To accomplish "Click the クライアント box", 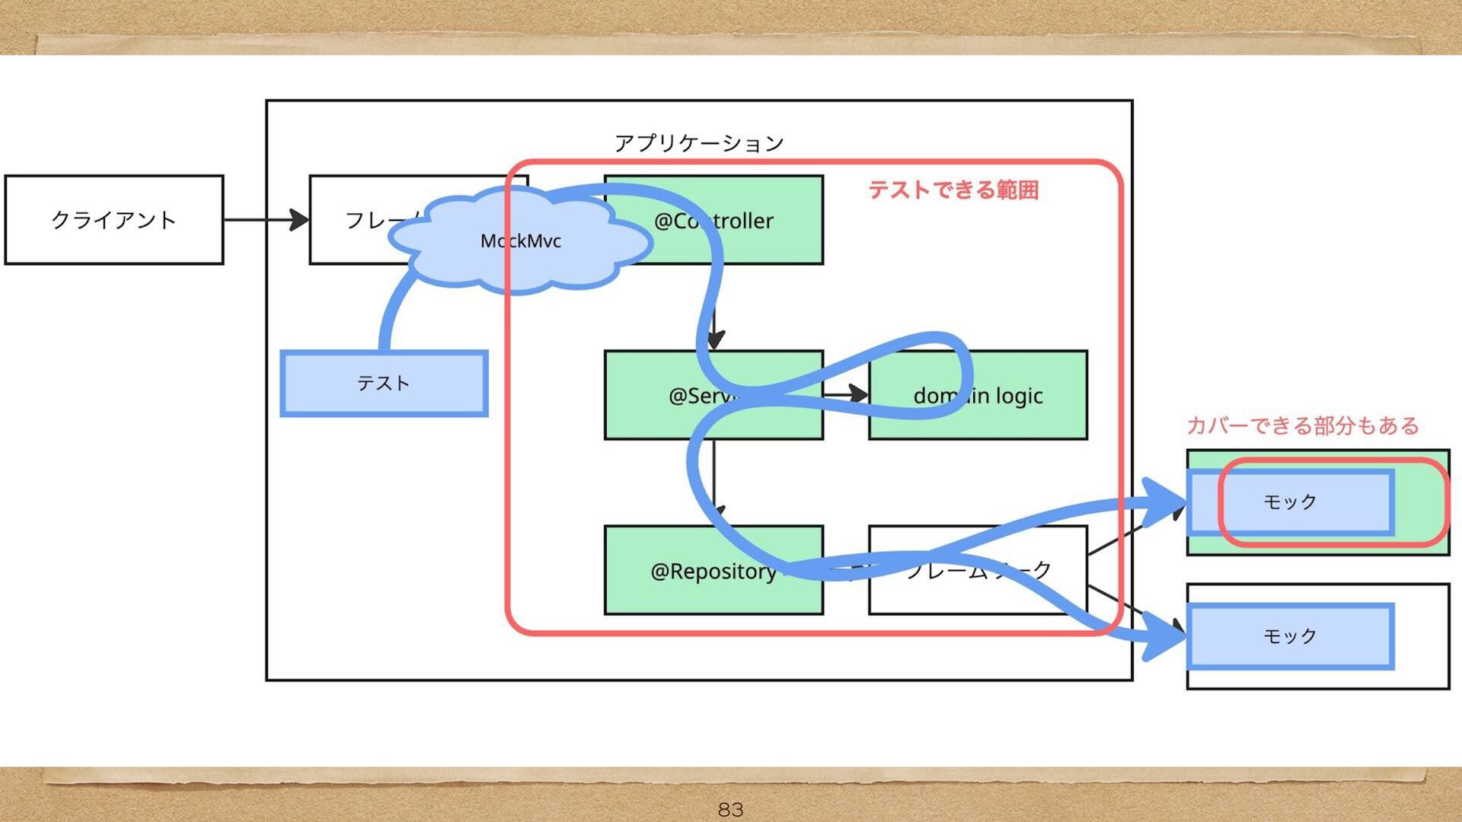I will coord(114,220).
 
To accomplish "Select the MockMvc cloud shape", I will coord(521,241).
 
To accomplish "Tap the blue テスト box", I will coord(384,383).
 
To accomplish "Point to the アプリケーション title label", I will coord(699,143).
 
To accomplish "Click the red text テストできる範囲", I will coord(953,190).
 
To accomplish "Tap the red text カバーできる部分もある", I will coord(1303,425).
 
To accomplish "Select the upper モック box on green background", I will coord(1290,502).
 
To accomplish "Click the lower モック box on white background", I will coord(1290,636).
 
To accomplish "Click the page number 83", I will coord(730,809).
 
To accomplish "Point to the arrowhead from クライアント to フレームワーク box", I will coord(300,220).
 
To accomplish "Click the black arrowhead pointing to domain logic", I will coord(859,393).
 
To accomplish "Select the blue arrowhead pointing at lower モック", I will coord(1164,636).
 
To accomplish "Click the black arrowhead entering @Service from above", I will coord(715,339).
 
